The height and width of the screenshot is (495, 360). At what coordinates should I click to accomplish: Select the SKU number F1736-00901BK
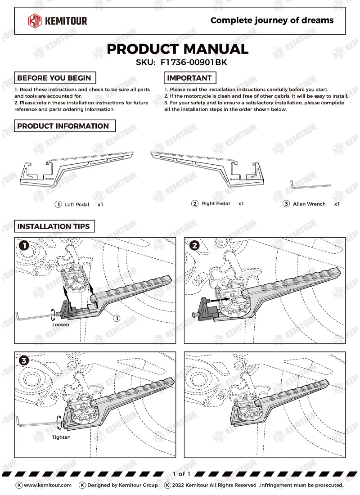(193, 63)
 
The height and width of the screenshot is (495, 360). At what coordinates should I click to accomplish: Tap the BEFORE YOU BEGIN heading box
(54, 78)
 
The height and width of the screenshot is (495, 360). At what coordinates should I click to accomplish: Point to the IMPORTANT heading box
(189, 78)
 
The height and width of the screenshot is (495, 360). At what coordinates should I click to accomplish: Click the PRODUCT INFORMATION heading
(63, 126)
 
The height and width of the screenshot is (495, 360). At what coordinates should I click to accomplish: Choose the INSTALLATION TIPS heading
(54, 226)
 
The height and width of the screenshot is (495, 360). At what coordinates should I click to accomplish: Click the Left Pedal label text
(77, 205)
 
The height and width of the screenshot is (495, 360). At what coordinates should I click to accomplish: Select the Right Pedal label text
(216, 204)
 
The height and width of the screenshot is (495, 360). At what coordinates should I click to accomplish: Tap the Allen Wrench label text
(309, 204)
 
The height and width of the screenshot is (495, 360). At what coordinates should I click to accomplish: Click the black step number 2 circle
(194, 245)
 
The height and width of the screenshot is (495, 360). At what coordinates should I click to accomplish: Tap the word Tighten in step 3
(61, 437)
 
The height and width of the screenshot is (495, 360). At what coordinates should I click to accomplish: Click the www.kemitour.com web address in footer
(47, 485)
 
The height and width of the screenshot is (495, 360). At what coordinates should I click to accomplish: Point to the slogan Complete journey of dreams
(272, 20)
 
